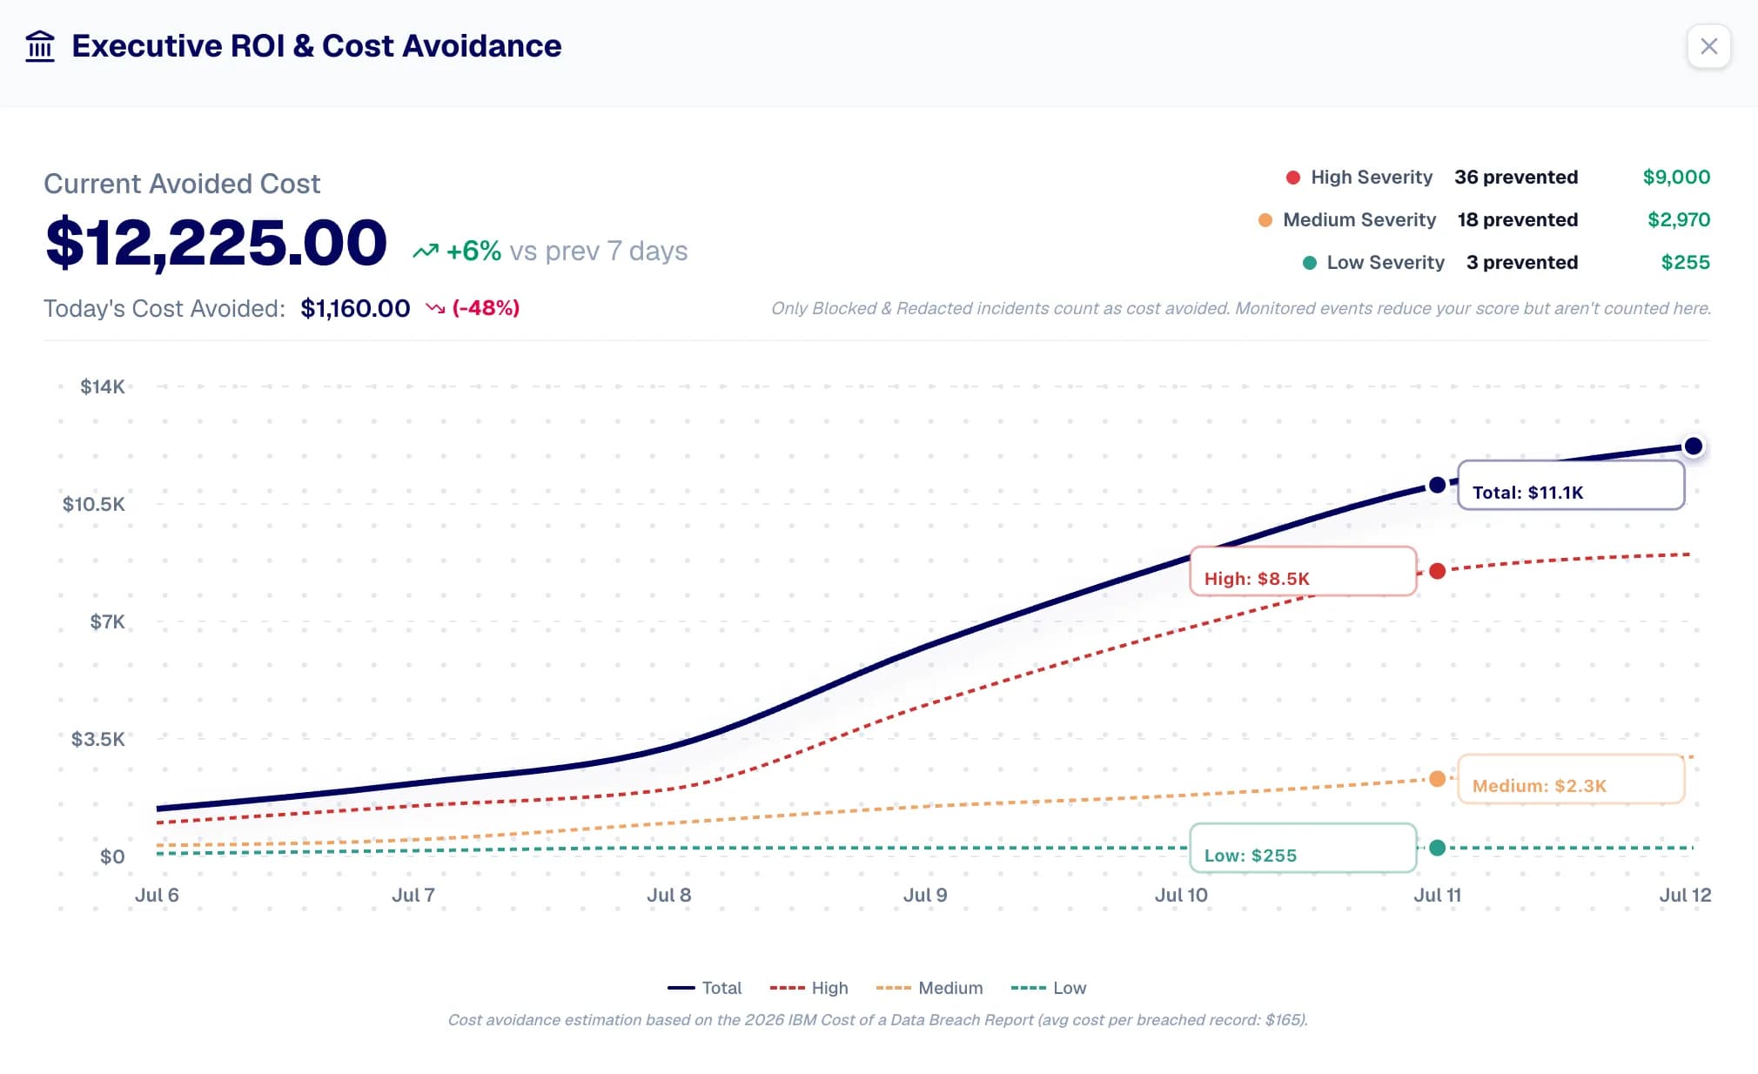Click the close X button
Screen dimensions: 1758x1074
pyautogui.click(x=1708, y=46)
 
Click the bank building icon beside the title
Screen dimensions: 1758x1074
pyautogui.click(x=40, y=46)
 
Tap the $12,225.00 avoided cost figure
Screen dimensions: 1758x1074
pyautogui.click(x=216, y=243)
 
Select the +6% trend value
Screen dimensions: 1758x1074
pyautogui.click(x=473, y=251)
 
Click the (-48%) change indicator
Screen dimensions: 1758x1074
pyautogui.click(x=486, y=308)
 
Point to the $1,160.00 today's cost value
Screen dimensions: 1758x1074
pyautogui.click(x=355, y=308)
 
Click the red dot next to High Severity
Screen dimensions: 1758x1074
pyautogui.click(x=1293, y=178)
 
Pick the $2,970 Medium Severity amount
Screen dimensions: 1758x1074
pyautogui.click(x=1679, y=219)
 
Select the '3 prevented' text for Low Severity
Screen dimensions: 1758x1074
pyautogui.click(x=1521, y=262)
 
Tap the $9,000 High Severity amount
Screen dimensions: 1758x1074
pyautogui.click(x=1676, y=177)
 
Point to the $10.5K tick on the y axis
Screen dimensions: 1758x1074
pyautogui.click(x=94, y=504)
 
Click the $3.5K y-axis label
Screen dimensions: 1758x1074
pyautogui.click(x=98, y=739)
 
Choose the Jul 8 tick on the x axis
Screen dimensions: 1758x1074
pyautogui.click(x=669, y=895)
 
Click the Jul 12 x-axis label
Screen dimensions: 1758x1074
pyautogui.click(x=1685, y=895)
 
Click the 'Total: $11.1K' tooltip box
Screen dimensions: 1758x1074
pyautogui.click(x=1571, y=485)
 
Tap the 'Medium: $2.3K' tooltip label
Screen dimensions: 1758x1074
pyautogui.click(x=1539, y=786)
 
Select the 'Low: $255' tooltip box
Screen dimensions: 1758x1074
pyautogui.click(x=1303, y=848)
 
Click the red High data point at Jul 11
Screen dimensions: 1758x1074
pyautogui.click(x=1438, y=571)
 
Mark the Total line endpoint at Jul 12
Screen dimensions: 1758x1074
pyautogui.click(x=1693, y=446)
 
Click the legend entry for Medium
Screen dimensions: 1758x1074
pyautogui.click(x=929, y=988)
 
